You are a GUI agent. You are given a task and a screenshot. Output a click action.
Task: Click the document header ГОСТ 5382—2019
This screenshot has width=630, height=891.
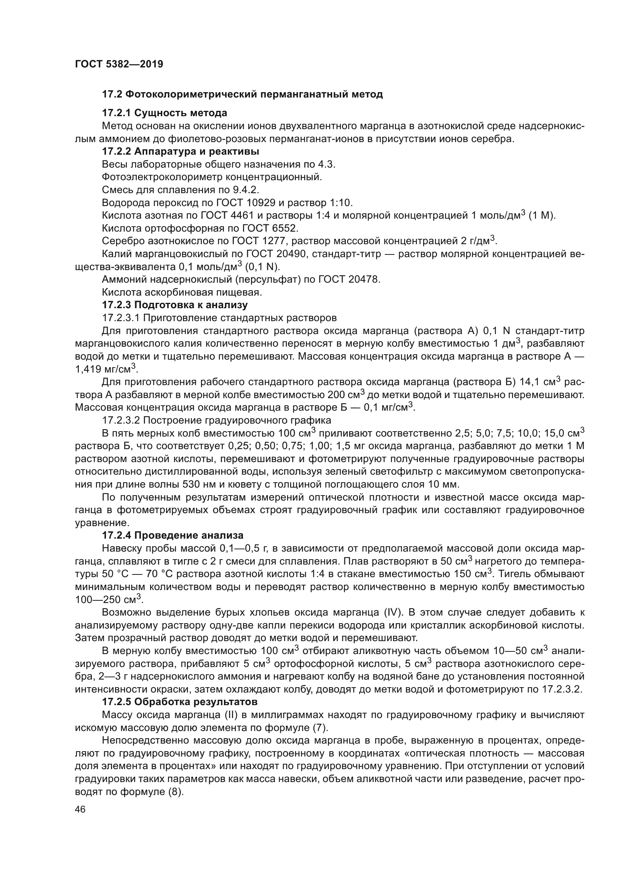119,64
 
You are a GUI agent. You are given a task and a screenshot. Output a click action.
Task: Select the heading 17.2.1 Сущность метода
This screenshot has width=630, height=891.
165,113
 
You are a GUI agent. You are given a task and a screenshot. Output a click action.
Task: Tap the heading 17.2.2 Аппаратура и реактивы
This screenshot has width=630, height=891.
181,151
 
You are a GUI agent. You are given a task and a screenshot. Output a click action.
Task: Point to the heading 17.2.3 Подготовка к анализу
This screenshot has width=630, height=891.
174,305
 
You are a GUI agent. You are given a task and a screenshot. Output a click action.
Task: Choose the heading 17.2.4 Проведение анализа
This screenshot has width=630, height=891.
173,536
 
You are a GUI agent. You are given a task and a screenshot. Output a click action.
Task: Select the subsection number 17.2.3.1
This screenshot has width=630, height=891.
120,318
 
